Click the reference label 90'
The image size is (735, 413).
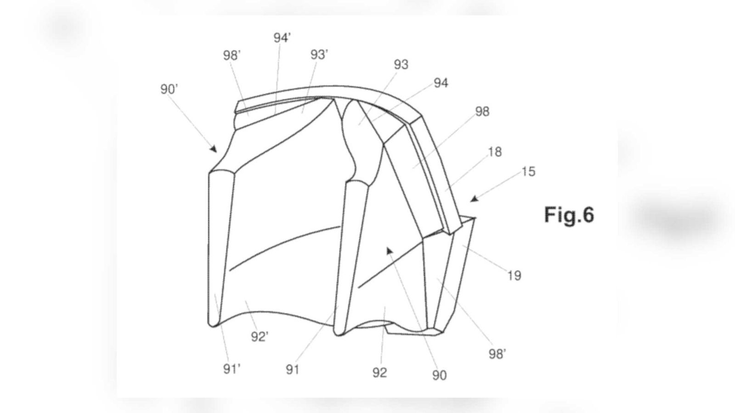(x=169, y=89)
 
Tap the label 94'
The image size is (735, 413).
(x=282, y=38)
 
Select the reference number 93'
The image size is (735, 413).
(x=319, y=55)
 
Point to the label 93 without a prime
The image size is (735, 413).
(x=401, y=65)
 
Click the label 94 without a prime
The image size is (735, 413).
(x=441, y=83)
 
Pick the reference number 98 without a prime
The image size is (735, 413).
(x=482, y=112)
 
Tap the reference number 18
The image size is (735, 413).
(x=495, y=152)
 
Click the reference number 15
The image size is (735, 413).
(x=528, y=172)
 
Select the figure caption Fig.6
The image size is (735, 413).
(x=569, y=215)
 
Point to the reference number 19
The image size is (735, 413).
(x=514, y=276)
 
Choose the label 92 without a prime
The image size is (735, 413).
(x=379, y=373)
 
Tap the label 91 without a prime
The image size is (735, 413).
(x=292, y=370)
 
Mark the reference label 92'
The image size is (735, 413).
(x=260, y=337)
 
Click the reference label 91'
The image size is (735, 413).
(x=232, y=369)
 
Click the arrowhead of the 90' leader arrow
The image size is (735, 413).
(x=214, y=149)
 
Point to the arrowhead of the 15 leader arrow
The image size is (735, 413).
(x=474, y=199)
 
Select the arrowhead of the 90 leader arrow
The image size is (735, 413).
(x=389, y=251)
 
